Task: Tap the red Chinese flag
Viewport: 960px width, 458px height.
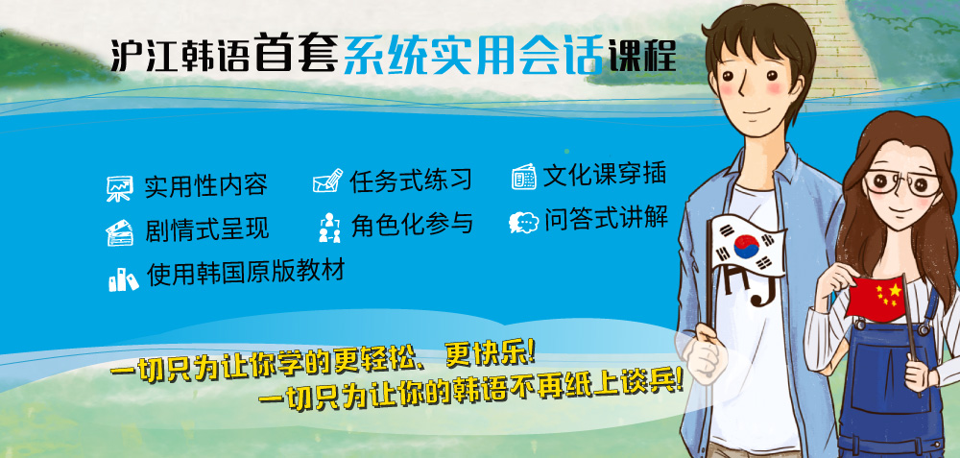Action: [875, 299]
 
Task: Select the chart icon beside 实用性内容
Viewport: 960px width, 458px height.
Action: [119, 188]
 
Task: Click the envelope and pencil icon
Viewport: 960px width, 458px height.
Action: [327, 181]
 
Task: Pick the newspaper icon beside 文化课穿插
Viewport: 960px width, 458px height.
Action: [524, 177]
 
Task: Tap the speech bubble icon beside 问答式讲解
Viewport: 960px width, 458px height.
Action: [523, 222]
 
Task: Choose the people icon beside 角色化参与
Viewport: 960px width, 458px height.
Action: [329, 228]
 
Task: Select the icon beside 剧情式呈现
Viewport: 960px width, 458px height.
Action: [120, 232]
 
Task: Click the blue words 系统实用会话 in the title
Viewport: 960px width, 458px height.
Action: [473, 55]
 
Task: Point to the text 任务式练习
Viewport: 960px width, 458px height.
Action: [411, 180]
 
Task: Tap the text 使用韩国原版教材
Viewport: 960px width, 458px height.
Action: [246, 272]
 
